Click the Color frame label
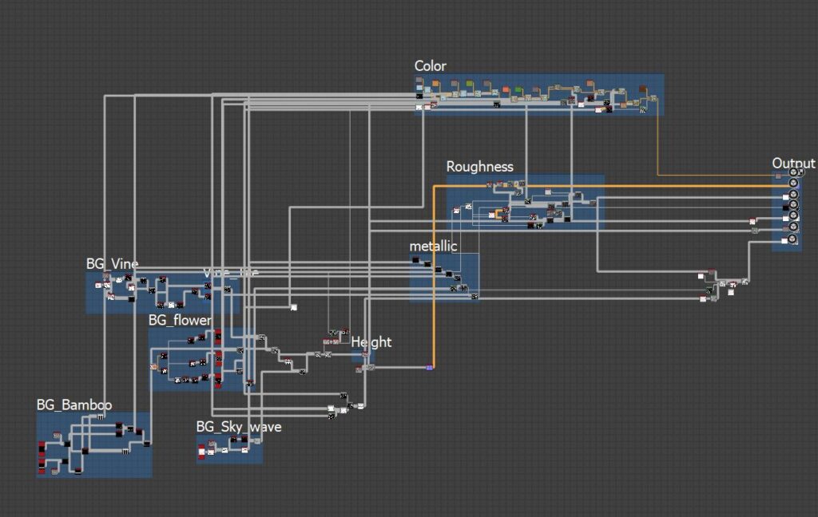pos(430,66)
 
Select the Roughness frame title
pos(479,167)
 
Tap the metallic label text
pos(433,246)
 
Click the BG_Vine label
pos(112,264)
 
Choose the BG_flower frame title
pos(180,321)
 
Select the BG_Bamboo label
pos(74,405)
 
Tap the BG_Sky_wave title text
pos(238,427)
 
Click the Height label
pos(371,342)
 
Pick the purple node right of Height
pos(429,367)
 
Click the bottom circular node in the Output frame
pos(793,239)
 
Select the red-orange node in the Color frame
pos(435,83)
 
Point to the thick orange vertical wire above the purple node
pos(434,279)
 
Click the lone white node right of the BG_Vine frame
pos(294,307)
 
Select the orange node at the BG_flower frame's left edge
pos(153,367)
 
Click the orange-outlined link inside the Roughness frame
pos(498,213)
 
